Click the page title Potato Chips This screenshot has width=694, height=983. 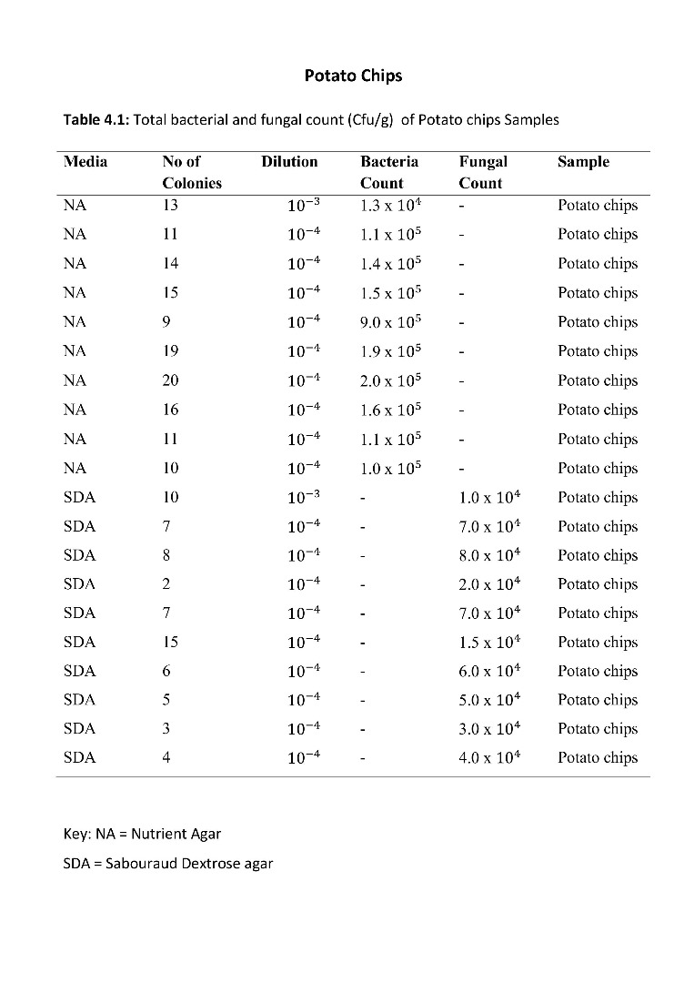pyautogui.click(x=353, y=76)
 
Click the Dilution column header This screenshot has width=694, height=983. pyautogui.click(x=289, y=162)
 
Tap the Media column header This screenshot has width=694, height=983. pyautogui.click(x=85, y=162)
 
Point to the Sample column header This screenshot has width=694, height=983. pyautogui.click(x=583, y=162)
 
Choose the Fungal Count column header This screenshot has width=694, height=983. pyautogui.click(x=483, y=172)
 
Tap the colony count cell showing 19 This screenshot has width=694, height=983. pyautogui.click(x=170, y=350)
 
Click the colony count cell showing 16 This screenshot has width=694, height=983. pyautogui.click(x=170, y=410)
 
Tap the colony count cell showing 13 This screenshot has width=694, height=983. pyautogui.click(x=170, y=205)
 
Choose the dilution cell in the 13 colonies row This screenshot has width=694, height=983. pyautogui.click(x=304, y=205)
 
